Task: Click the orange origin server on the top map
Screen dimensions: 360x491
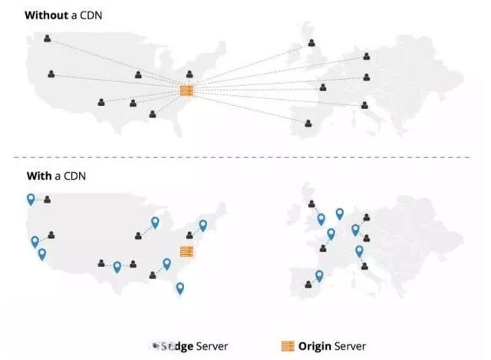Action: tap(186, 91)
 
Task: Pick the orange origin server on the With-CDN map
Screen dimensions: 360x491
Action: tap(186, 252)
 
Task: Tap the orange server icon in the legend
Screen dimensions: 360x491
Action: tap(288, 346)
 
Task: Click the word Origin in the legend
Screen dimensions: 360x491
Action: tap(315, 346)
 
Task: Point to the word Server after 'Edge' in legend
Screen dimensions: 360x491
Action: tap(212, 346)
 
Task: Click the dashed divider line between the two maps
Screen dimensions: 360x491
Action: tap(245, 157)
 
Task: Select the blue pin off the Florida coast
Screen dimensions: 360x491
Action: tap(180, 288)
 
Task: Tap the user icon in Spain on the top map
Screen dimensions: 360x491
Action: tap(308, 123)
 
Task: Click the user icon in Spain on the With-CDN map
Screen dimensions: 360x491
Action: tap(308, 284)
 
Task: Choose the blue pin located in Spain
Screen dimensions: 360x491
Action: tap(319, 276)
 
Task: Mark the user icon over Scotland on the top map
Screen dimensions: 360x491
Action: tap(311, 43)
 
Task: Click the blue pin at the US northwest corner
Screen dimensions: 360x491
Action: tap(31, 199)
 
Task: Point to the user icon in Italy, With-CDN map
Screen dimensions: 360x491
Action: tap(364, 266)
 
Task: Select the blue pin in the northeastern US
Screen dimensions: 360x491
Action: tap(203, 225)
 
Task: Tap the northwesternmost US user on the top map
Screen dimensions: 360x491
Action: tap(48, 38)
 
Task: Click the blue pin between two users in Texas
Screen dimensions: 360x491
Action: tap(117, 267)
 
